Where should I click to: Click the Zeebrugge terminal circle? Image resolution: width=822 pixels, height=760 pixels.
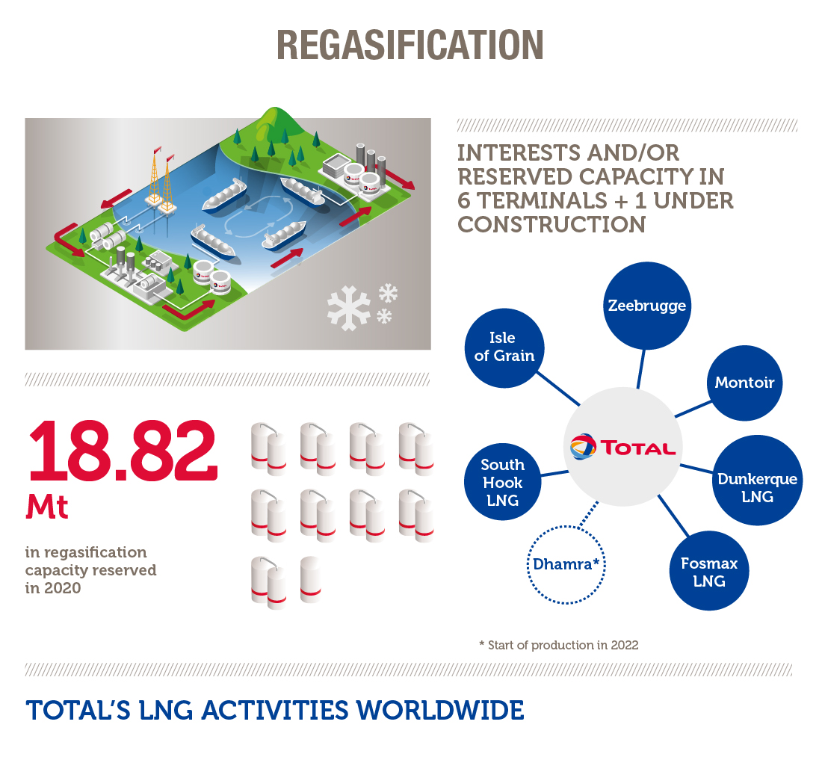tap(647, 306)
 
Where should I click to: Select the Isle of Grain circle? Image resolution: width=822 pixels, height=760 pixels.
tap(504, 348)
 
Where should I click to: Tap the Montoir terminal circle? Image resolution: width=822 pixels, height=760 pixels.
tap(744, 383)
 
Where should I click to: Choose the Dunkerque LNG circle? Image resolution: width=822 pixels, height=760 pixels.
tap(757, 480)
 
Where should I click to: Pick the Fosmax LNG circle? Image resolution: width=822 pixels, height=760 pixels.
tap(708, 571)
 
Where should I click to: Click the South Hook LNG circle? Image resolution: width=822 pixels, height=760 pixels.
tap(503, 482)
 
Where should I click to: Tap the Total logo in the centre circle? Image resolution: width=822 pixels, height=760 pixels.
tap(622, 447)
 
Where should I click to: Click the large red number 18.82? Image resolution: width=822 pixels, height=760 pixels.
tap(123, 450)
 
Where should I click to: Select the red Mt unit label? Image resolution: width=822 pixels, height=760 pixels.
tap(47, 507)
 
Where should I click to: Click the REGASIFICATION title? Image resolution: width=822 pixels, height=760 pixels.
tap(410, 45)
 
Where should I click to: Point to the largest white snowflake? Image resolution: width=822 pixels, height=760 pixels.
tap(349, 308)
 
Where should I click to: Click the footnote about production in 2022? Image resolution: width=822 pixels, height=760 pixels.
tap(559, 645)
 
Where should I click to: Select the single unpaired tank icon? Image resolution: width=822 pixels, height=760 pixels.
tap(310, 580)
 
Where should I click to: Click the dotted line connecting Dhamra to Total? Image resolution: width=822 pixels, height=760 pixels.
tap(589, 515)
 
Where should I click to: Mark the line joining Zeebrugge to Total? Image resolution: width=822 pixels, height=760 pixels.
tap(640, 369)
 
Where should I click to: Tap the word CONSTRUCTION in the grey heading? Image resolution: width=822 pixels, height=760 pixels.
tap(551, 225)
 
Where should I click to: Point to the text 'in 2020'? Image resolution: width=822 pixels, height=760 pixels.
tap(53, 588)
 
